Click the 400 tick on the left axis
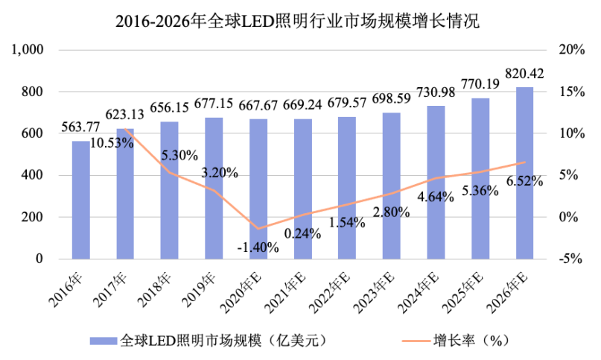click(36, 175)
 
